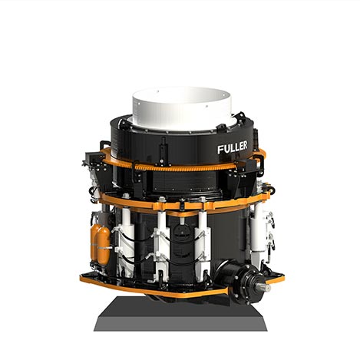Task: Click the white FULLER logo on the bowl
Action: [x=233, y=147]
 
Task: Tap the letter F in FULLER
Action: [x=220, y=150]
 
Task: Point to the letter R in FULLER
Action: [x=244, y=145]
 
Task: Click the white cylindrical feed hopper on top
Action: [x=182, y=107]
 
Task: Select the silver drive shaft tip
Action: [x=267, y=288]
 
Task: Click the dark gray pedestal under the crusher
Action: [x=180, y=314]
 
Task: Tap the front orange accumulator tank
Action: [x=104, y=246]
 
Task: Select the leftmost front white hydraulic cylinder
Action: [x=126, y=243]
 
